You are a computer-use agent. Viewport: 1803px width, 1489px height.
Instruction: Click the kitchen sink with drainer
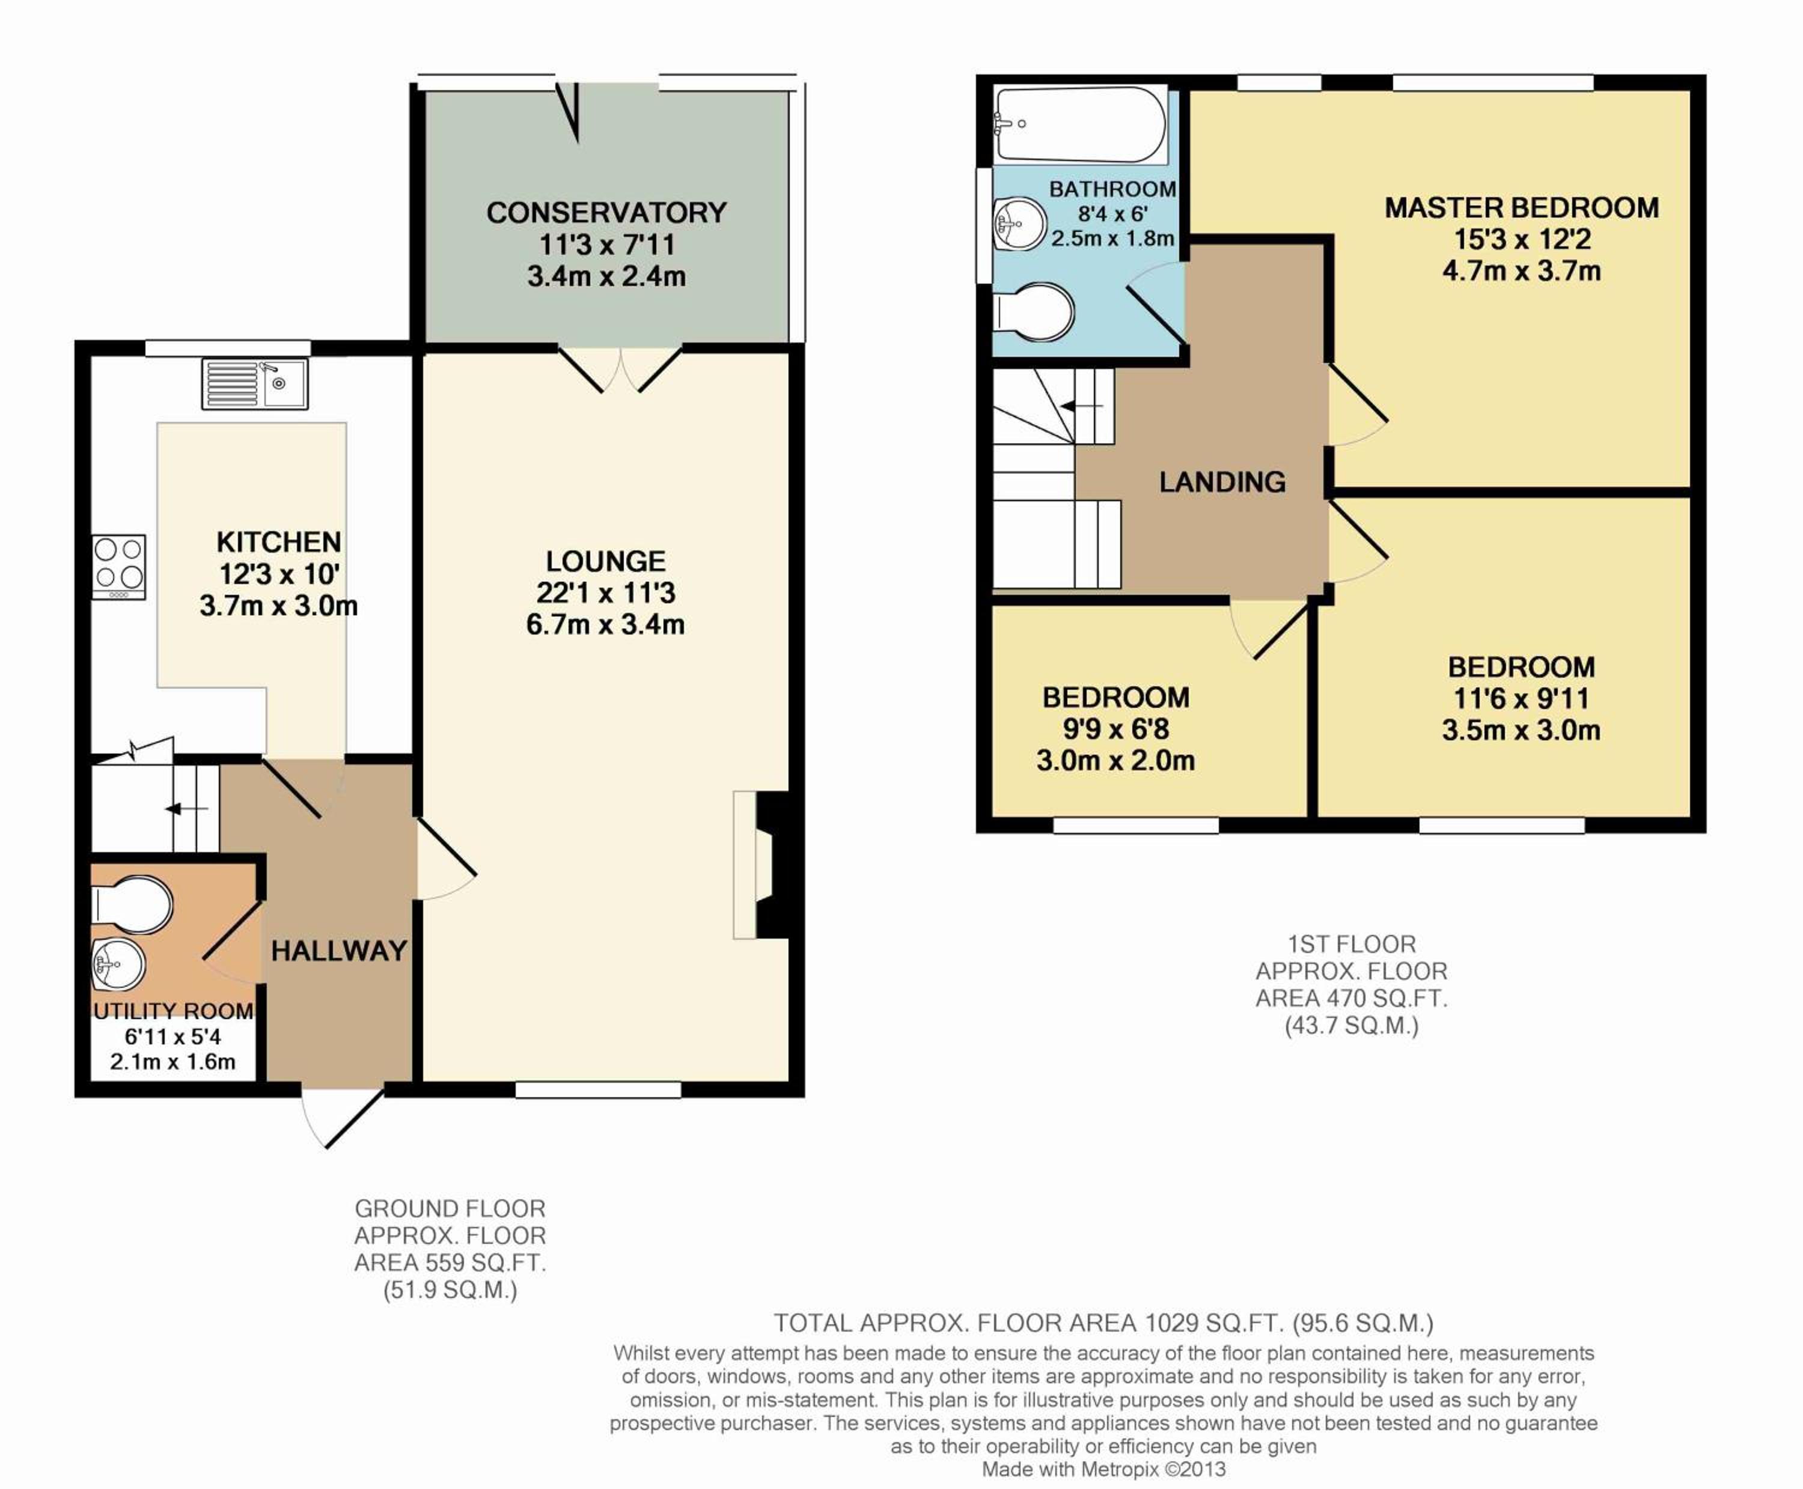[255, 383]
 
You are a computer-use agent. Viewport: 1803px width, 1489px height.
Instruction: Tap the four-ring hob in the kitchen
[119, 567]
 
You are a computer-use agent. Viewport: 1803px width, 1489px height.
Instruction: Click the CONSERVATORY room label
[606, 213]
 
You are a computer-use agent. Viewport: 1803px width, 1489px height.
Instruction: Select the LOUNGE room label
[606, 561]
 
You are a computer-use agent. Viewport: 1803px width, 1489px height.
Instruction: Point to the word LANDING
[1222, 482]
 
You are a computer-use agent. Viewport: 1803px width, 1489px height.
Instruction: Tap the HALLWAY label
[339, 951]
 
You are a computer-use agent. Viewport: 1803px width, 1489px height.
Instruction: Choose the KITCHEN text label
[279, 542]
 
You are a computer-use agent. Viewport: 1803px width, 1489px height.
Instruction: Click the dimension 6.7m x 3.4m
[606, 624]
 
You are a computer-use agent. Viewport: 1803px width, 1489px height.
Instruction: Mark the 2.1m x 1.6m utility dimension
[172, 1062]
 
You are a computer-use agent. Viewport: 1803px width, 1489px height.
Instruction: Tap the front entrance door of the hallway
[341, 1118]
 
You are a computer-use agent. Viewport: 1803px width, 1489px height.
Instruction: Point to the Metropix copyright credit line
[1104, 1469]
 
